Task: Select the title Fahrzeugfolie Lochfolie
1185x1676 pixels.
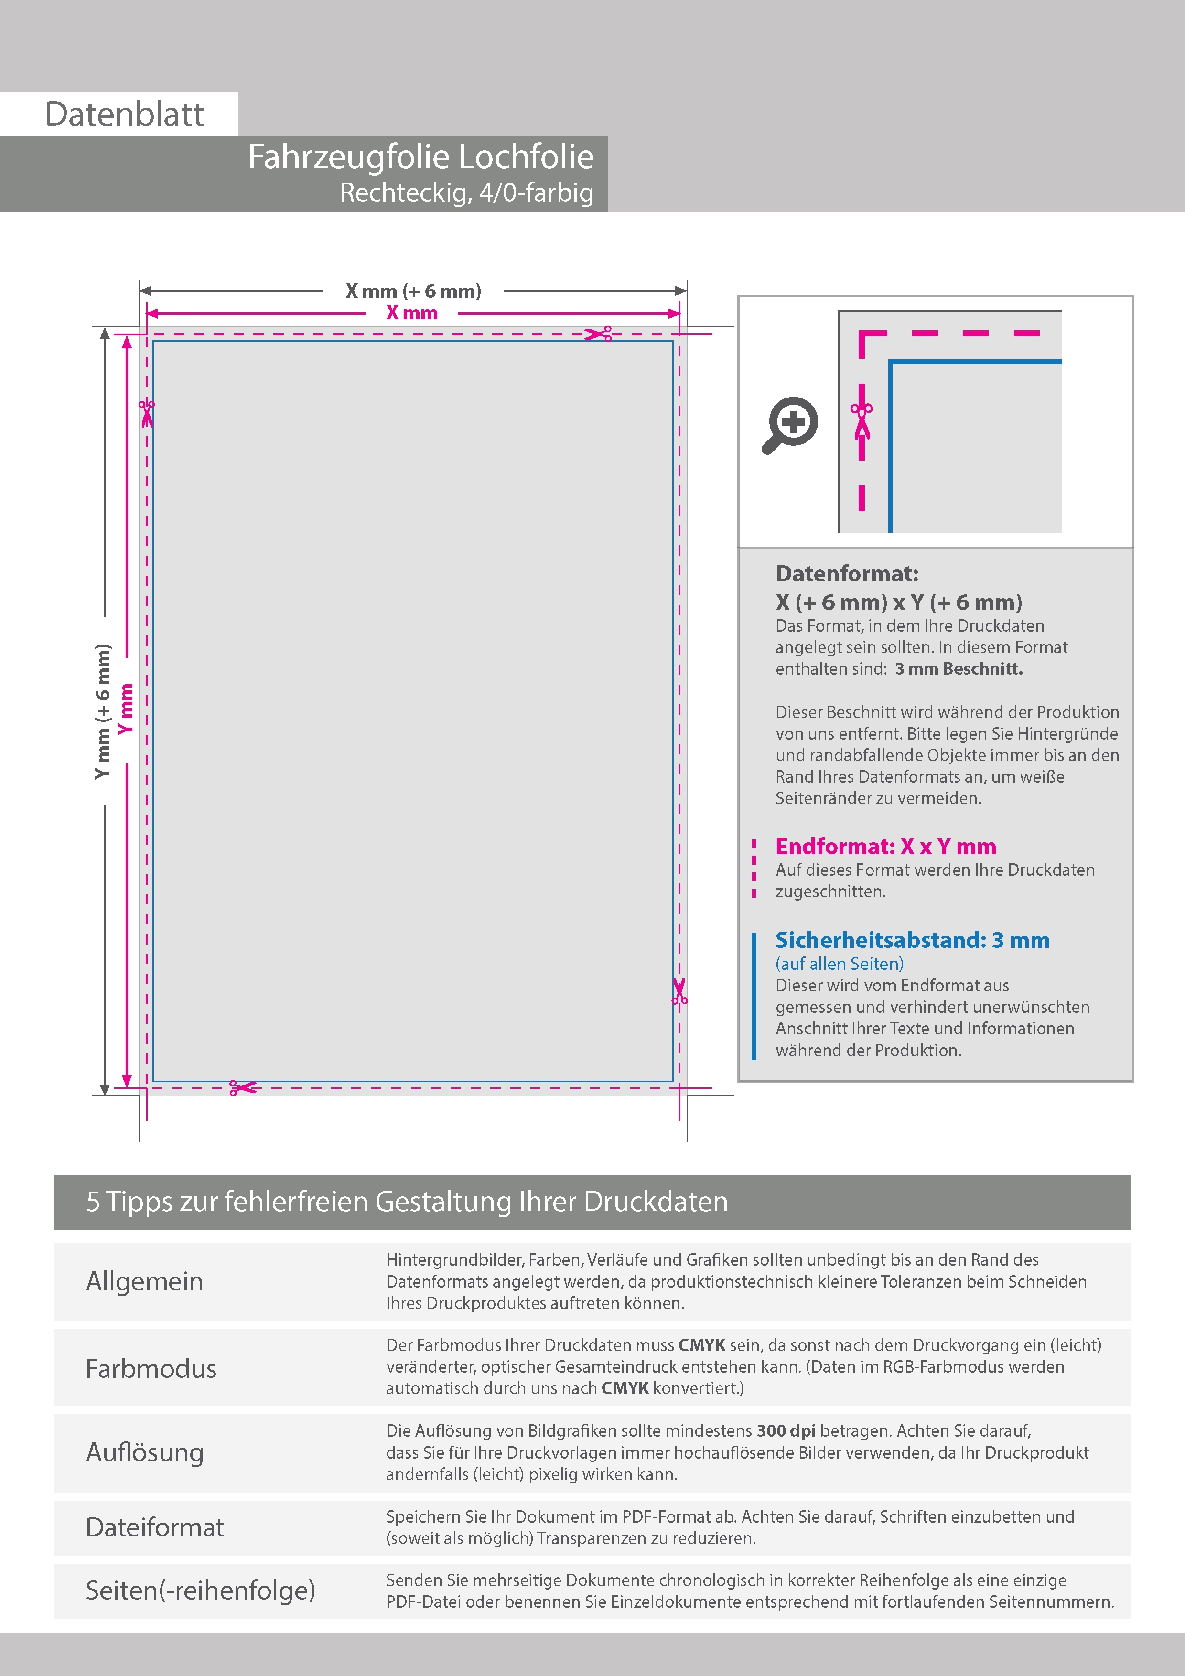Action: point(420,157)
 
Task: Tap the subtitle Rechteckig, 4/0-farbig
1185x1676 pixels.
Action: point(466,193)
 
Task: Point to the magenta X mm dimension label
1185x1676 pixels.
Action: point(412,313)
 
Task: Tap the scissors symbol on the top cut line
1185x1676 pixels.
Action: point(598,334)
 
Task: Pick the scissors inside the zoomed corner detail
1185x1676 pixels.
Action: point(862,420)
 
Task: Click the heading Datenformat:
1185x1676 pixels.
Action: point(846,574)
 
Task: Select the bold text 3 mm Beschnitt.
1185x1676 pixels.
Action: point(959,669)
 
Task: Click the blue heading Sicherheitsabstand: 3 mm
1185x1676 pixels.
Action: point(912,940)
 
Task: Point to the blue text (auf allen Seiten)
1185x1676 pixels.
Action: point(839,964)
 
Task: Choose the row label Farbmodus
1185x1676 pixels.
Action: point(151,1369)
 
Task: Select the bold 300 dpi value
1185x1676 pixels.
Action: point(786,1431)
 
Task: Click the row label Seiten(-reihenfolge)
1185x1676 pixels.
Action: point(200,1590)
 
